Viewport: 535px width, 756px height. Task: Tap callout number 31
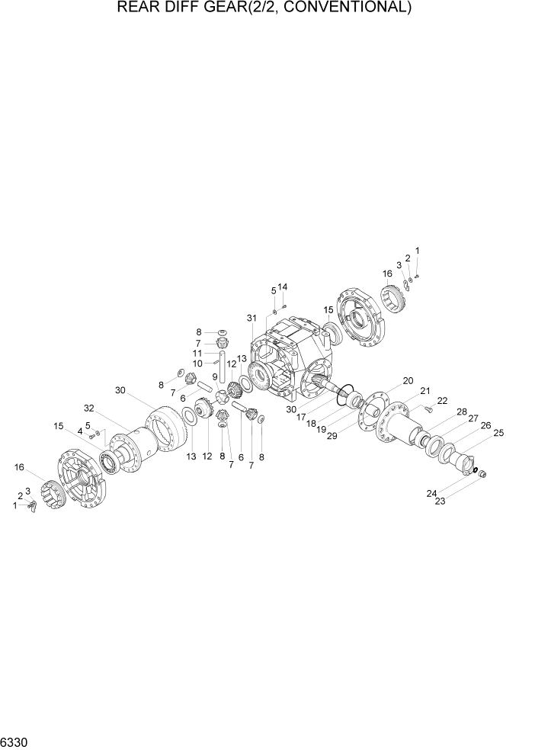click(x=251, y=318)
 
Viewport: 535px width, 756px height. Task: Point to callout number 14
click(x=283, y=287)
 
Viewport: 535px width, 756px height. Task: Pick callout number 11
click(x=197, y=354)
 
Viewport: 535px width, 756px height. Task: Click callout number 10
click(x=197, y=364)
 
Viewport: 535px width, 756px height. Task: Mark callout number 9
click(x=214, y=376)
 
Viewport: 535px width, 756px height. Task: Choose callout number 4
click(x=79, y=431)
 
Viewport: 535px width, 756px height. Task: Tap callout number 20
click(x=408, y=380)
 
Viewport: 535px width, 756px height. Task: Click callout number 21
click(x=425, y=391)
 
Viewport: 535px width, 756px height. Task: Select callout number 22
click(x=442, y=402)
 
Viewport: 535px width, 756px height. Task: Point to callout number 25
click(x=498, y=433)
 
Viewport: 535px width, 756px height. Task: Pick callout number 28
click(x=461, y=412)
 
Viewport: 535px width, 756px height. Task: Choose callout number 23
click(x=440, y=501)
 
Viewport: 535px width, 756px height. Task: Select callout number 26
click(x=485, y=425)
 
